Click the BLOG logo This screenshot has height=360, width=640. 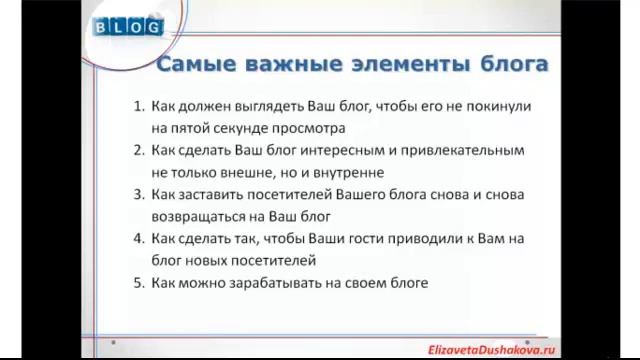click(128, 26)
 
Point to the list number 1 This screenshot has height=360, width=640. click(138, 105)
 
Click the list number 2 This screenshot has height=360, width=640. click(138, 149)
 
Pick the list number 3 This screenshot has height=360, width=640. click(138, 194)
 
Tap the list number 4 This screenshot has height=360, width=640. click(138, 238)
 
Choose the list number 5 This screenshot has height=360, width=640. click(138, 283)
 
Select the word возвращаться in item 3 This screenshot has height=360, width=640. click(197, 216)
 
